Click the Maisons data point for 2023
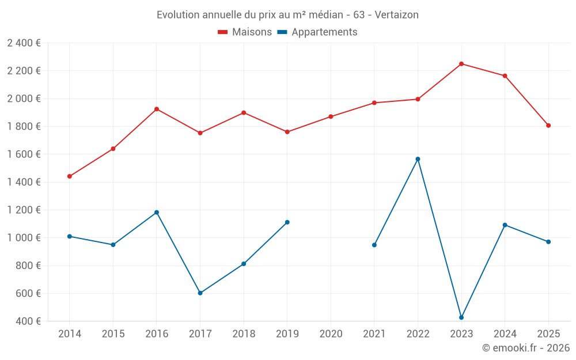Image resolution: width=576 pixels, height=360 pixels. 461,64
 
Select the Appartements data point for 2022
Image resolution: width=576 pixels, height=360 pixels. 418,159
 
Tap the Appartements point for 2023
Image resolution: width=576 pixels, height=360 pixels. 461,317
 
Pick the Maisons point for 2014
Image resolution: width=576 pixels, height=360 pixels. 70,176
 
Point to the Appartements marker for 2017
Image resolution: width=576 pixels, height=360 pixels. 200,293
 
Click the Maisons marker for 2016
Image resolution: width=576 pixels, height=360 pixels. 157,109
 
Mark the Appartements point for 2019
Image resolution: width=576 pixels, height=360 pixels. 287,222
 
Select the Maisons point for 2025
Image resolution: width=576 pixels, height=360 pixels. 548,126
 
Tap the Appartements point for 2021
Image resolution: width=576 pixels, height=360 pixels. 374,245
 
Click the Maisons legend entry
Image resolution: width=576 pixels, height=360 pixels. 245,32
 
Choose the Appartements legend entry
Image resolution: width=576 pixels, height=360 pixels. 317,32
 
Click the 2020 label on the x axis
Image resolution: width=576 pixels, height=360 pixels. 331,334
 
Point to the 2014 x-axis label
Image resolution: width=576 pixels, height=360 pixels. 70,334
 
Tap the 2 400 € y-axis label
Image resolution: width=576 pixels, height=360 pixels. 24,43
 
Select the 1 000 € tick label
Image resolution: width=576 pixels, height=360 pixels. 24,238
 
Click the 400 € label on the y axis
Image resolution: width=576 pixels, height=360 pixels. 27,321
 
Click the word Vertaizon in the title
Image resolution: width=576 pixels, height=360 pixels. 396,14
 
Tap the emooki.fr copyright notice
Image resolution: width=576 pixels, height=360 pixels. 525,348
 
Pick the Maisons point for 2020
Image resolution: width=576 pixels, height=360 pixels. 331,116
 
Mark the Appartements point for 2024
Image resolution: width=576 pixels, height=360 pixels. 505,225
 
